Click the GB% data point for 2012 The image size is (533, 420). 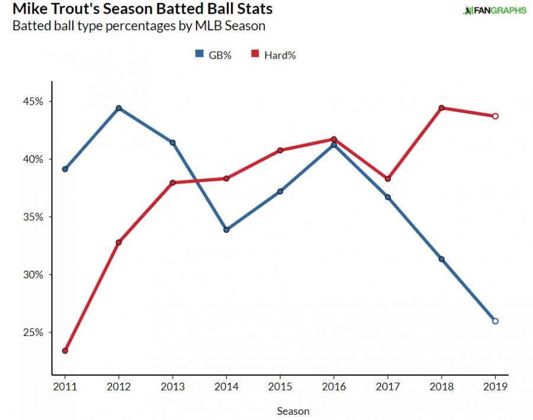[118, 108]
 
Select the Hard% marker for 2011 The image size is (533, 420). [65, 351]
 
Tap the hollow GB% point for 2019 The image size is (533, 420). [495, 321]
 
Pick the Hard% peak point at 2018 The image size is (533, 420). [441, 108]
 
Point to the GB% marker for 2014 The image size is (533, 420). [226, 230]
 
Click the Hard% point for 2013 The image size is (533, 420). [172, 182]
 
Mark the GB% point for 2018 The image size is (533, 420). [441, 259]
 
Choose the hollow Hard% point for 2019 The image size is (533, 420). [495, 116]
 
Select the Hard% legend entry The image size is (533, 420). [274, 55]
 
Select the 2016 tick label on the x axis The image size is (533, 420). [333, 387]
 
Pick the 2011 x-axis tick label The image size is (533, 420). [65, 387]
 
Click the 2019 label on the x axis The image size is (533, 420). [495, 387]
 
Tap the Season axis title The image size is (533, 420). [293, 411]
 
